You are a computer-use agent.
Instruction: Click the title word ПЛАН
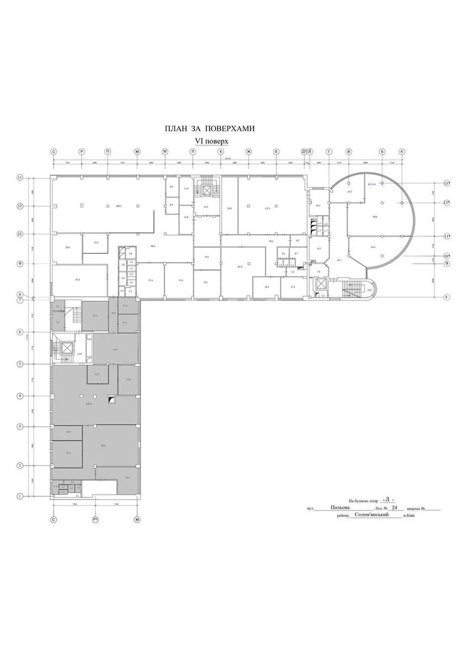(175, 129)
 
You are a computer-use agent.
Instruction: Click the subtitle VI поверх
(212, 140)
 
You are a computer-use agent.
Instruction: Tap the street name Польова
(340, 508)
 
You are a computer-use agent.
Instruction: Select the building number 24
(394, 508)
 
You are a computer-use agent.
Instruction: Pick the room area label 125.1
(267, 208)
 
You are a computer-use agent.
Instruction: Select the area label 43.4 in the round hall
(373, 247)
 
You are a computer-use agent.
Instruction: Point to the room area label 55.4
(78, 279)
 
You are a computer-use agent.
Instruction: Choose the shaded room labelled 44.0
(115, 350)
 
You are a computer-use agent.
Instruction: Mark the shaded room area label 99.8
(103, 445)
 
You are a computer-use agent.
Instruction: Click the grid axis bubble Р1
(96, 520)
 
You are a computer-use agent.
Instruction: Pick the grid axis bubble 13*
(447, 183)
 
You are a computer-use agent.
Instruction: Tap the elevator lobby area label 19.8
(79, 354)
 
